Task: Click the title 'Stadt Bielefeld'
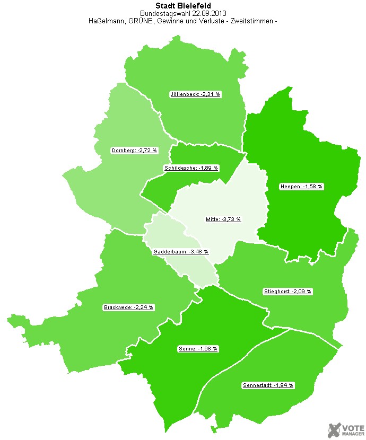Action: (183, 6)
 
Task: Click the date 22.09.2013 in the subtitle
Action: (208, 13)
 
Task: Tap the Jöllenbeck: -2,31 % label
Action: (195, 94)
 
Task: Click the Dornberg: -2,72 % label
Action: (134, 151)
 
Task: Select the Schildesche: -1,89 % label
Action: (191, 168)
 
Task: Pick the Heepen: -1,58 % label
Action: (301, 187)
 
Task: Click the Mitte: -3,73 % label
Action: (223, 219)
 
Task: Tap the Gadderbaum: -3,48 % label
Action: (181, 252)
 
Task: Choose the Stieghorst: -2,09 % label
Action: (288, 292)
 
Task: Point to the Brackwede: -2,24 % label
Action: (128, 307)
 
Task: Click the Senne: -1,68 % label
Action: (198, 349)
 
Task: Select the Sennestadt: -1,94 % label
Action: (268, 385)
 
